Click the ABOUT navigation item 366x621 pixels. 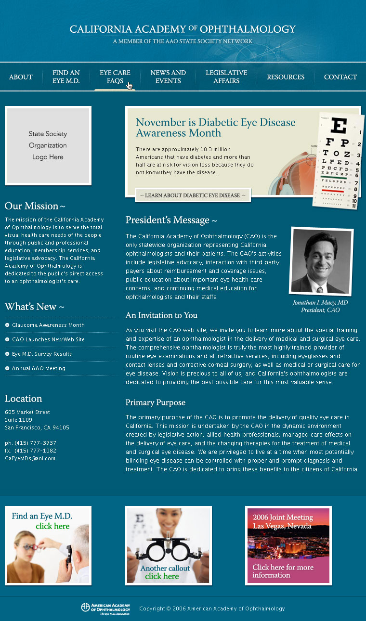(21, 77)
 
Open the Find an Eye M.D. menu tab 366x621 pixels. (66, 77)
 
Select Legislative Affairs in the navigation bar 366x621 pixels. (226, 77)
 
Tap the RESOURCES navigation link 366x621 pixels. (286, 77)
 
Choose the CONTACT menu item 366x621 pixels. (340, 77)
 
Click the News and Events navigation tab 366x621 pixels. (168, 77)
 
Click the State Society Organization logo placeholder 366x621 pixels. (48, 145)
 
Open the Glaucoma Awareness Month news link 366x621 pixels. (48, 325)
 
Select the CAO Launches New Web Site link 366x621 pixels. (48, 340)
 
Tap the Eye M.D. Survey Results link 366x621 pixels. (42, 354)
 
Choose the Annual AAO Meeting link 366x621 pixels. (39, 369)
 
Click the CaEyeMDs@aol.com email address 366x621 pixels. (30, 459)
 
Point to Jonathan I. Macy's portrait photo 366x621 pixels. (321, 261)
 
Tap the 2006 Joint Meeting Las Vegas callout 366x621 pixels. (288, 545)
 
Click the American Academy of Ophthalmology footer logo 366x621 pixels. (105, 609)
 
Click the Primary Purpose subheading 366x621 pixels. (155, 403)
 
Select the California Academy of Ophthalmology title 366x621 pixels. (183, 29)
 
